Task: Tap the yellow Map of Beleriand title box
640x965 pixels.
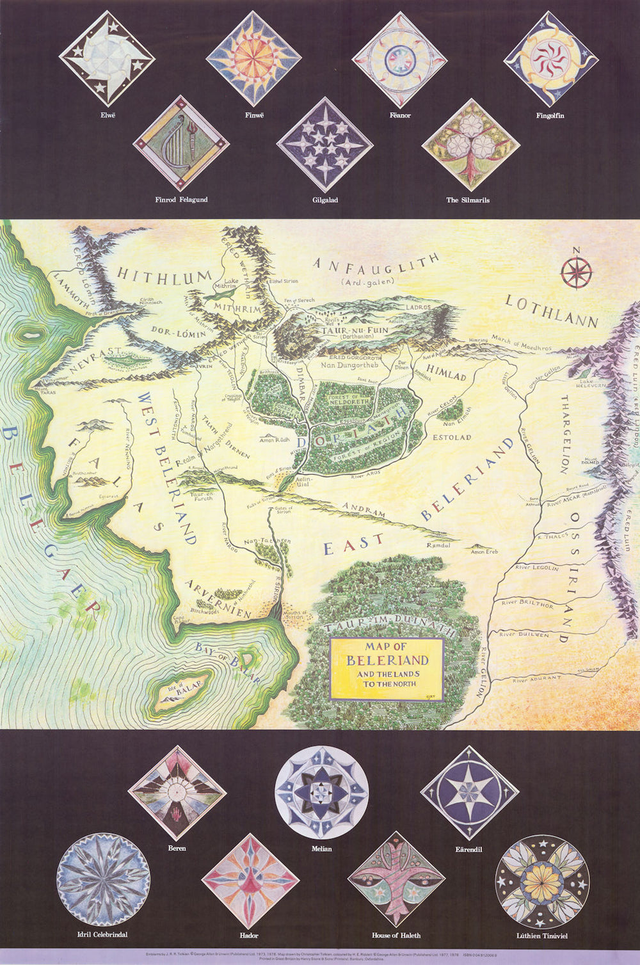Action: [x=387, y=668]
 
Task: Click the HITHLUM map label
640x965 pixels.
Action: [x=164, y=277]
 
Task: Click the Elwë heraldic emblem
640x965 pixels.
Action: [x=107, y=58]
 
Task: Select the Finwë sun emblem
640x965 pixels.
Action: [x=254, y=59]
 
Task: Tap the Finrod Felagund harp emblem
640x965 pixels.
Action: [x=181, y=144]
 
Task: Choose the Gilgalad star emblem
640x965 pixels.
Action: [x=325, y=145]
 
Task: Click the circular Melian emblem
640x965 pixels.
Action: [x=322, y=792]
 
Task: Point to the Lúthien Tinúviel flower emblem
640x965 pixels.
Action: [x=542, y=882]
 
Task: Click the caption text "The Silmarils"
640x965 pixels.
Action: [x=468, y=200]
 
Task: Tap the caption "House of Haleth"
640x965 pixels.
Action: [x=396, y=935]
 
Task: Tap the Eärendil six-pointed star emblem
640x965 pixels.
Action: [x=469, y=792]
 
